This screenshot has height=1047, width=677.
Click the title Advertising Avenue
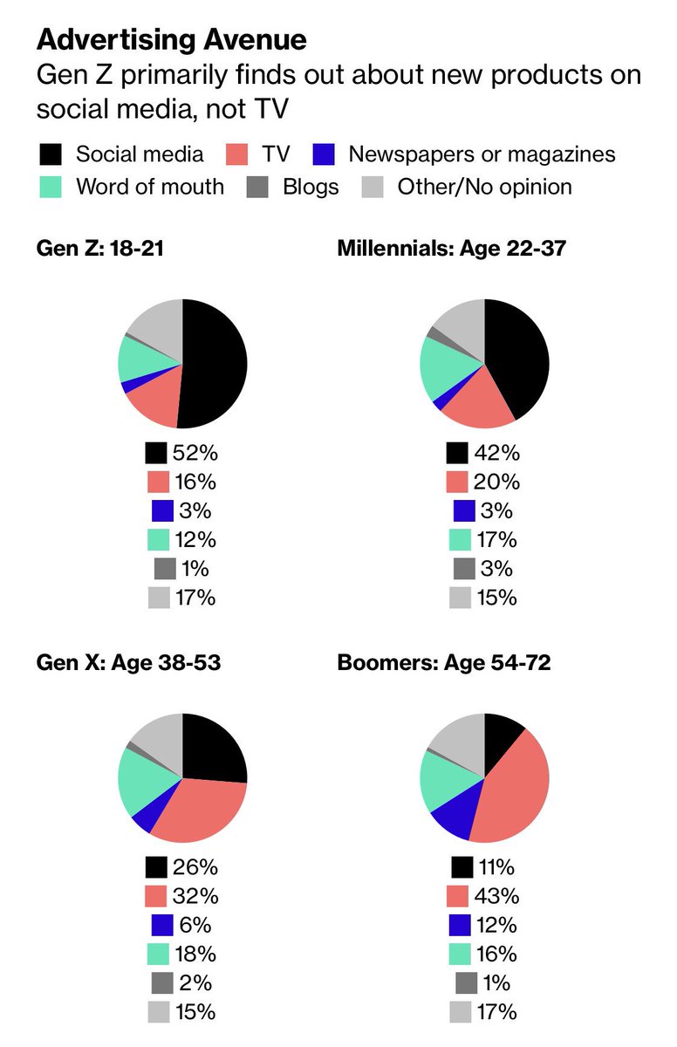[171, 39]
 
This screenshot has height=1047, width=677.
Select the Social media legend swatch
[51, 155]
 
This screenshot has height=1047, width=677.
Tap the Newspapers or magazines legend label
[482, 154]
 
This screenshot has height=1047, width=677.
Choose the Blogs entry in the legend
[311, 186]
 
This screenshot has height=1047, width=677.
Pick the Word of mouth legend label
[149, 186]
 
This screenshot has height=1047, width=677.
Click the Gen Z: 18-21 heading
[100, 249]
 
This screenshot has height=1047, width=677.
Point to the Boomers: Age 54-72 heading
[443, 663]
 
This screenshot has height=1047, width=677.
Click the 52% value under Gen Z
[195, 453]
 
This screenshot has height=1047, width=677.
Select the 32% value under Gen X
[195, 896]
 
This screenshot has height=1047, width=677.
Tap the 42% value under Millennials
[497, 453]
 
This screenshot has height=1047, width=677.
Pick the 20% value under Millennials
[497, 482]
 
